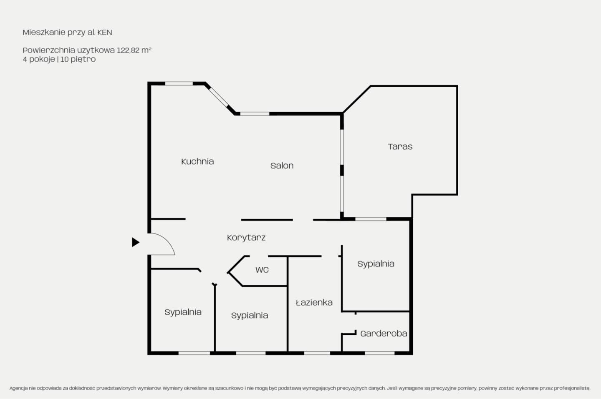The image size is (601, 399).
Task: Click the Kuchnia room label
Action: (197, 161)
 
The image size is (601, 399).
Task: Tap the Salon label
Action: (282, 166)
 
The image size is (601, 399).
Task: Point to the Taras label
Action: (400, 146)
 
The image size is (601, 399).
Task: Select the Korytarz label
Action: (246, 238)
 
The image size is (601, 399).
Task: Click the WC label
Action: (262, 270)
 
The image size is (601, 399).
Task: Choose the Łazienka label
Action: (314, 303)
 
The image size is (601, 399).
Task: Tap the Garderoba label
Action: (384, 334)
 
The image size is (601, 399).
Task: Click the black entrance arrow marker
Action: (136, 242)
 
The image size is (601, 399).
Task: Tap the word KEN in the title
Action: (105, 33)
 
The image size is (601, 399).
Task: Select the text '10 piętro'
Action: (78, 59)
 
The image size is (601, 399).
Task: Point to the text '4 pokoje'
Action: (39, 59)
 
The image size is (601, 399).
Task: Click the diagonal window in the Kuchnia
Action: (219, 97)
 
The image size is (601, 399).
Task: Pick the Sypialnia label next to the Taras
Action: (376, 264)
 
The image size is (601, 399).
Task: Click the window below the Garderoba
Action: (380, 353)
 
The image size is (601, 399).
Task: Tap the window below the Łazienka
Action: (317, 353)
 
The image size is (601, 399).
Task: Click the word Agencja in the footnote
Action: (18, 388)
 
